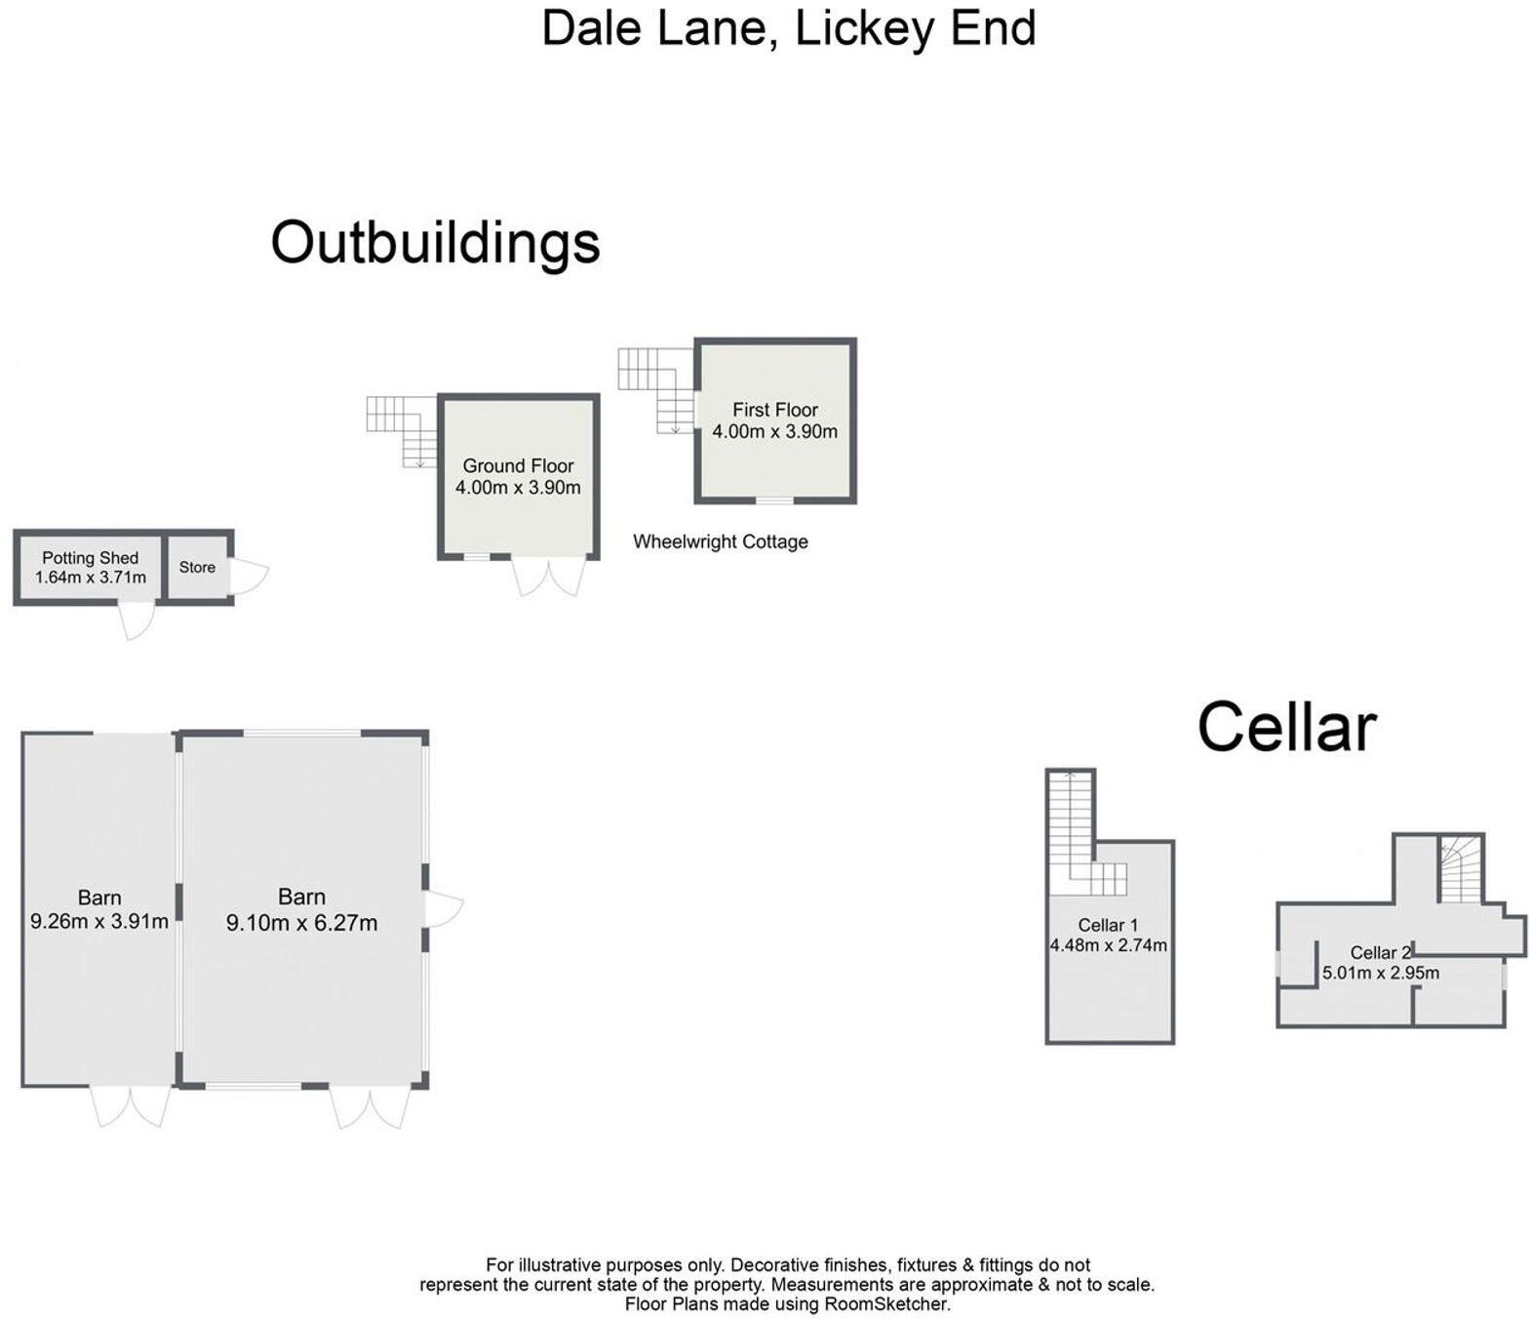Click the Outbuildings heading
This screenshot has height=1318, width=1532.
click(435, 242)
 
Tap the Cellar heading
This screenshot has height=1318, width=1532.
click(1285, 727)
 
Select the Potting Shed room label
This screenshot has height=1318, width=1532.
click(90, 558)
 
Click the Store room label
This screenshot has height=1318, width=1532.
click(197, 567)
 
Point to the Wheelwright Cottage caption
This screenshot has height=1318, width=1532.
click(720, 541)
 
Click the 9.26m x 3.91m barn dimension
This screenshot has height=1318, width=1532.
click(99, 920)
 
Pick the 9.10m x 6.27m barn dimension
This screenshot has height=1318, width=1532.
click(301, 922)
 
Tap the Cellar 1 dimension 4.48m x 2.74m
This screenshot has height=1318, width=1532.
click(1108, 944)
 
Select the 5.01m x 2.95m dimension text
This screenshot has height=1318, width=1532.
click(1380, 973)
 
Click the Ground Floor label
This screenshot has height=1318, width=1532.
click(518, 465)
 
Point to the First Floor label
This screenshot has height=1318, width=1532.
click(775, 410)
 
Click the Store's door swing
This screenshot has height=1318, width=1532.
click(249, 575)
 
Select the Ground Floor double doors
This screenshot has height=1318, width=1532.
click(549, 576)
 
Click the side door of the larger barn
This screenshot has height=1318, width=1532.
click(443, 909)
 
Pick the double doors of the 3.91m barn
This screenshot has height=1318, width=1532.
click(131, 1106)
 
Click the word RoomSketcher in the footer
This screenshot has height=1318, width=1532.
click(885, 1303)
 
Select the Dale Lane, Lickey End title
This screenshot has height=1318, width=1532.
click(788, 27)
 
